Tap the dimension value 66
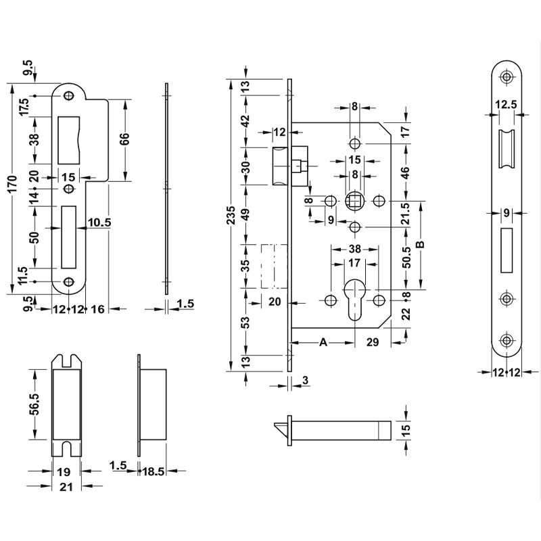124,140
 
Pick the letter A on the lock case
323,343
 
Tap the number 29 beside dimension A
372,343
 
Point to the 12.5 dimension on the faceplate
505,105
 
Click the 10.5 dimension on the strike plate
98,222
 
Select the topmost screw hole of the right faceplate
505,77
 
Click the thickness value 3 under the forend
306,382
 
